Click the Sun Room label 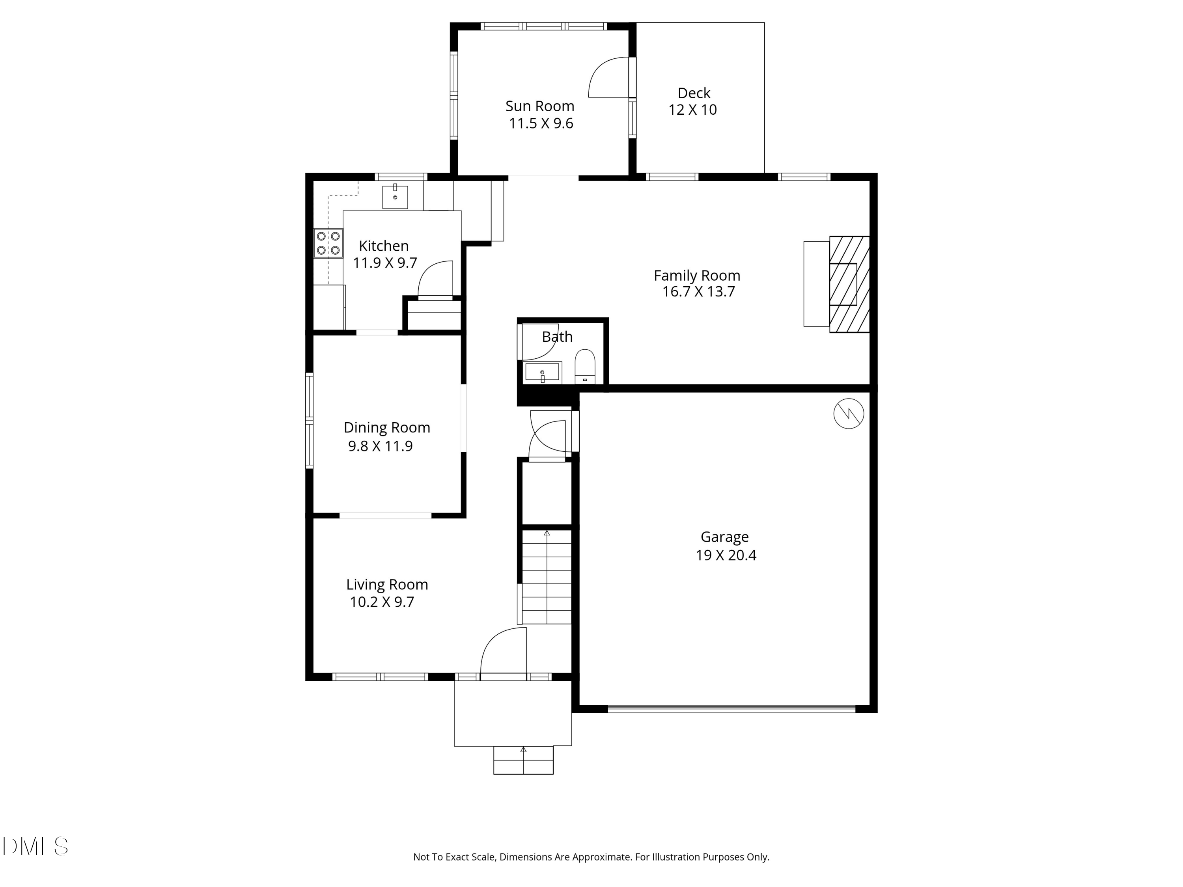539,106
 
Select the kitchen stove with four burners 328,243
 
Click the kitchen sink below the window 395,197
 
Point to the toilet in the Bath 584,366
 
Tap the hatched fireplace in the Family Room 849,285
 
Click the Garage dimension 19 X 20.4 726,555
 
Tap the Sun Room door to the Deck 610,78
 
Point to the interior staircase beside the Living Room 547,578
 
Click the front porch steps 523,760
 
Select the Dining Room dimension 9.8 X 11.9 380,446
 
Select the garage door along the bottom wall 731,709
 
